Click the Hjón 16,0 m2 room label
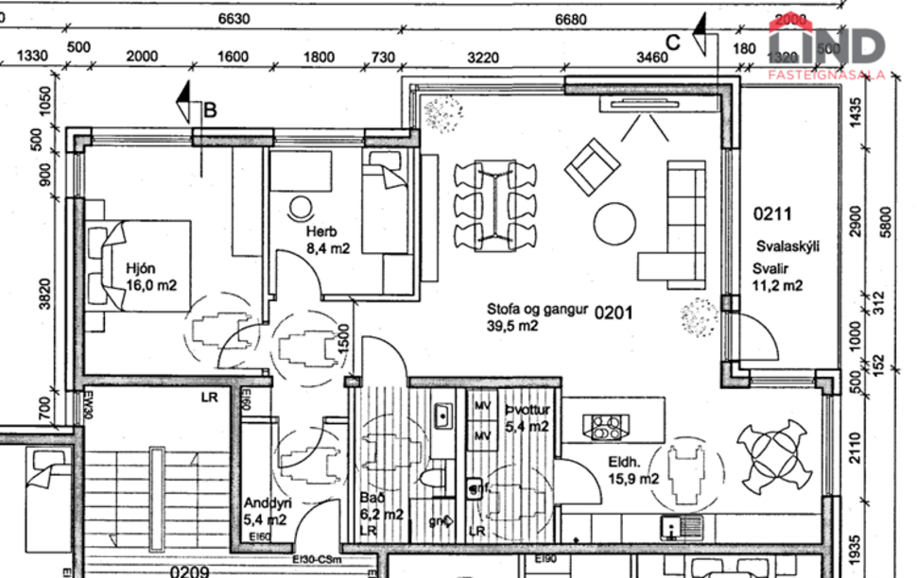pos(151,275)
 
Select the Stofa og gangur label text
pos(537,308)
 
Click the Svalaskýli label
pos(787,246)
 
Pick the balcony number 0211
pos(772,214)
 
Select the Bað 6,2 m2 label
pos(382,506)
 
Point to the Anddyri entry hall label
pos(267,511)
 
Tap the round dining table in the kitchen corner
pos(772,450)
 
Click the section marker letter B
pos(211,110)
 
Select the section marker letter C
pos(673,42)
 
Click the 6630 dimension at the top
pos(233,20)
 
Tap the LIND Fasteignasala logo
pos(826,49)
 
